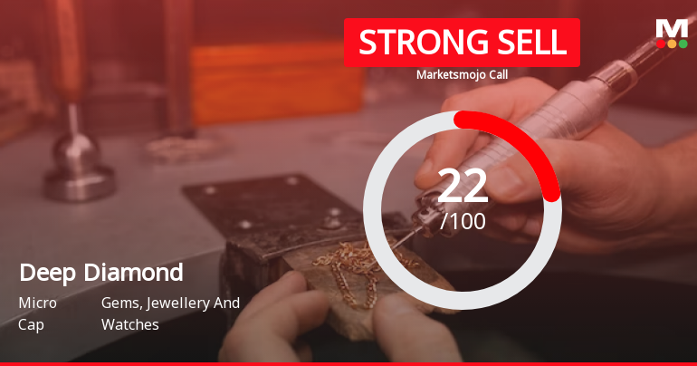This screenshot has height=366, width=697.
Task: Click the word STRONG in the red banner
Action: tap(412, 42)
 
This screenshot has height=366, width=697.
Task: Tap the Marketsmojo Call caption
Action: tap(462, 75)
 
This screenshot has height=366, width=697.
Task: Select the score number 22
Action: tap(463, 186)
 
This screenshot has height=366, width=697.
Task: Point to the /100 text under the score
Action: tap(463, 220)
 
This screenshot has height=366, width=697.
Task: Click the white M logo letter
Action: tap(672, 28)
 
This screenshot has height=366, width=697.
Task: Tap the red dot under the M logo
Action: tap(662, 43)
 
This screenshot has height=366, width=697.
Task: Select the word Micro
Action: tap(38, 303)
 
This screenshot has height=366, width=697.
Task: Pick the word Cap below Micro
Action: tap(31, 324)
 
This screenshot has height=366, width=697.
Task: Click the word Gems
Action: tap(121, 303)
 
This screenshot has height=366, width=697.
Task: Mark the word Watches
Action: tap(129, 324)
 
